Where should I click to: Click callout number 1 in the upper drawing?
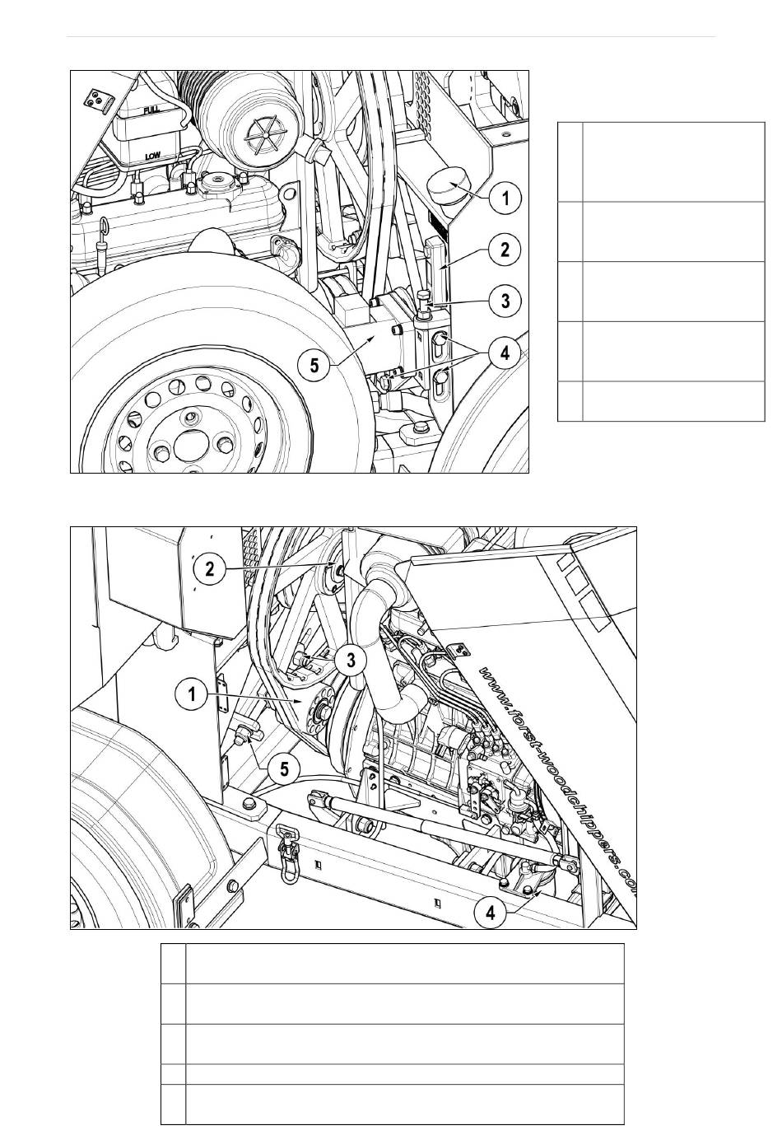[505, 198]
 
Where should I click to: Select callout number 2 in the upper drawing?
[505, 249]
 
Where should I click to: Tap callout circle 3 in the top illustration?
[505, 301]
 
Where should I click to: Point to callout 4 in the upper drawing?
[505, 353]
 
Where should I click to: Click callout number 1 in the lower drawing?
[192, 694]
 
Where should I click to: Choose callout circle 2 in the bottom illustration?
[211, 568]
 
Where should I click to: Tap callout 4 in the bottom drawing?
[491, 912]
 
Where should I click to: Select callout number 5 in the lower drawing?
[284, 769]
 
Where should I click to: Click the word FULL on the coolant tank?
[151, 109]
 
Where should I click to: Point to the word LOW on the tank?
[153, 155]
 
